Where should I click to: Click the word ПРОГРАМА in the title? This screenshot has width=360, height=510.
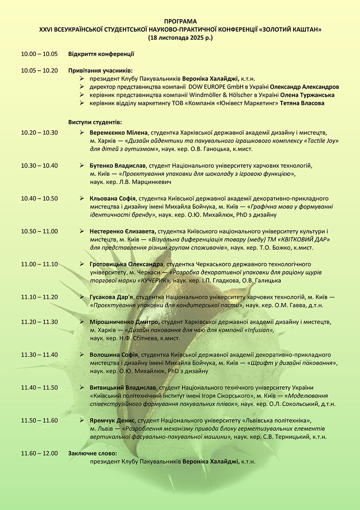[x=180, y=21]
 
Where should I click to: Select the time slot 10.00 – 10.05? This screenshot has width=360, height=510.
[x=39, y=54]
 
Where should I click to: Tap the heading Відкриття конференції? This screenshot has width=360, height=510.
[x=101, y=54]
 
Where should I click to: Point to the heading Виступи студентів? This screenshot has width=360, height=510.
[x=95, y=122]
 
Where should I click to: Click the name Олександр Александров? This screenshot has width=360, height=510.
[x=304, y=87]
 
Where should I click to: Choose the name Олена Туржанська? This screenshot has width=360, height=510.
[x=307, y=95]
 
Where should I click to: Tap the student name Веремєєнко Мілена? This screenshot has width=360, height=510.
[x=119, y=133]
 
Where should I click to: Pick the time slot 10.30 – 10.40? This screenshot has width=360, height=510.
[x=39, y=165]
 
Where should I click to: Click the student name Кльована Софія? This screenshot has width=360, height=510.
[x=113, y=198]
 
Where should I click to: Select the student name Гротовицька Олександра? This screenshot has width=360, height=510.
[x=127, y=264]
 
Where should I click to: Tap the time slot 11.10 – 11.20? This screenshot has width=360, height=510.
[x=39, y=297]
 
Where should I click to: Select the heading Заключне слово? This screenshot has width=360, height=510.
[x=92, y=453]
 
